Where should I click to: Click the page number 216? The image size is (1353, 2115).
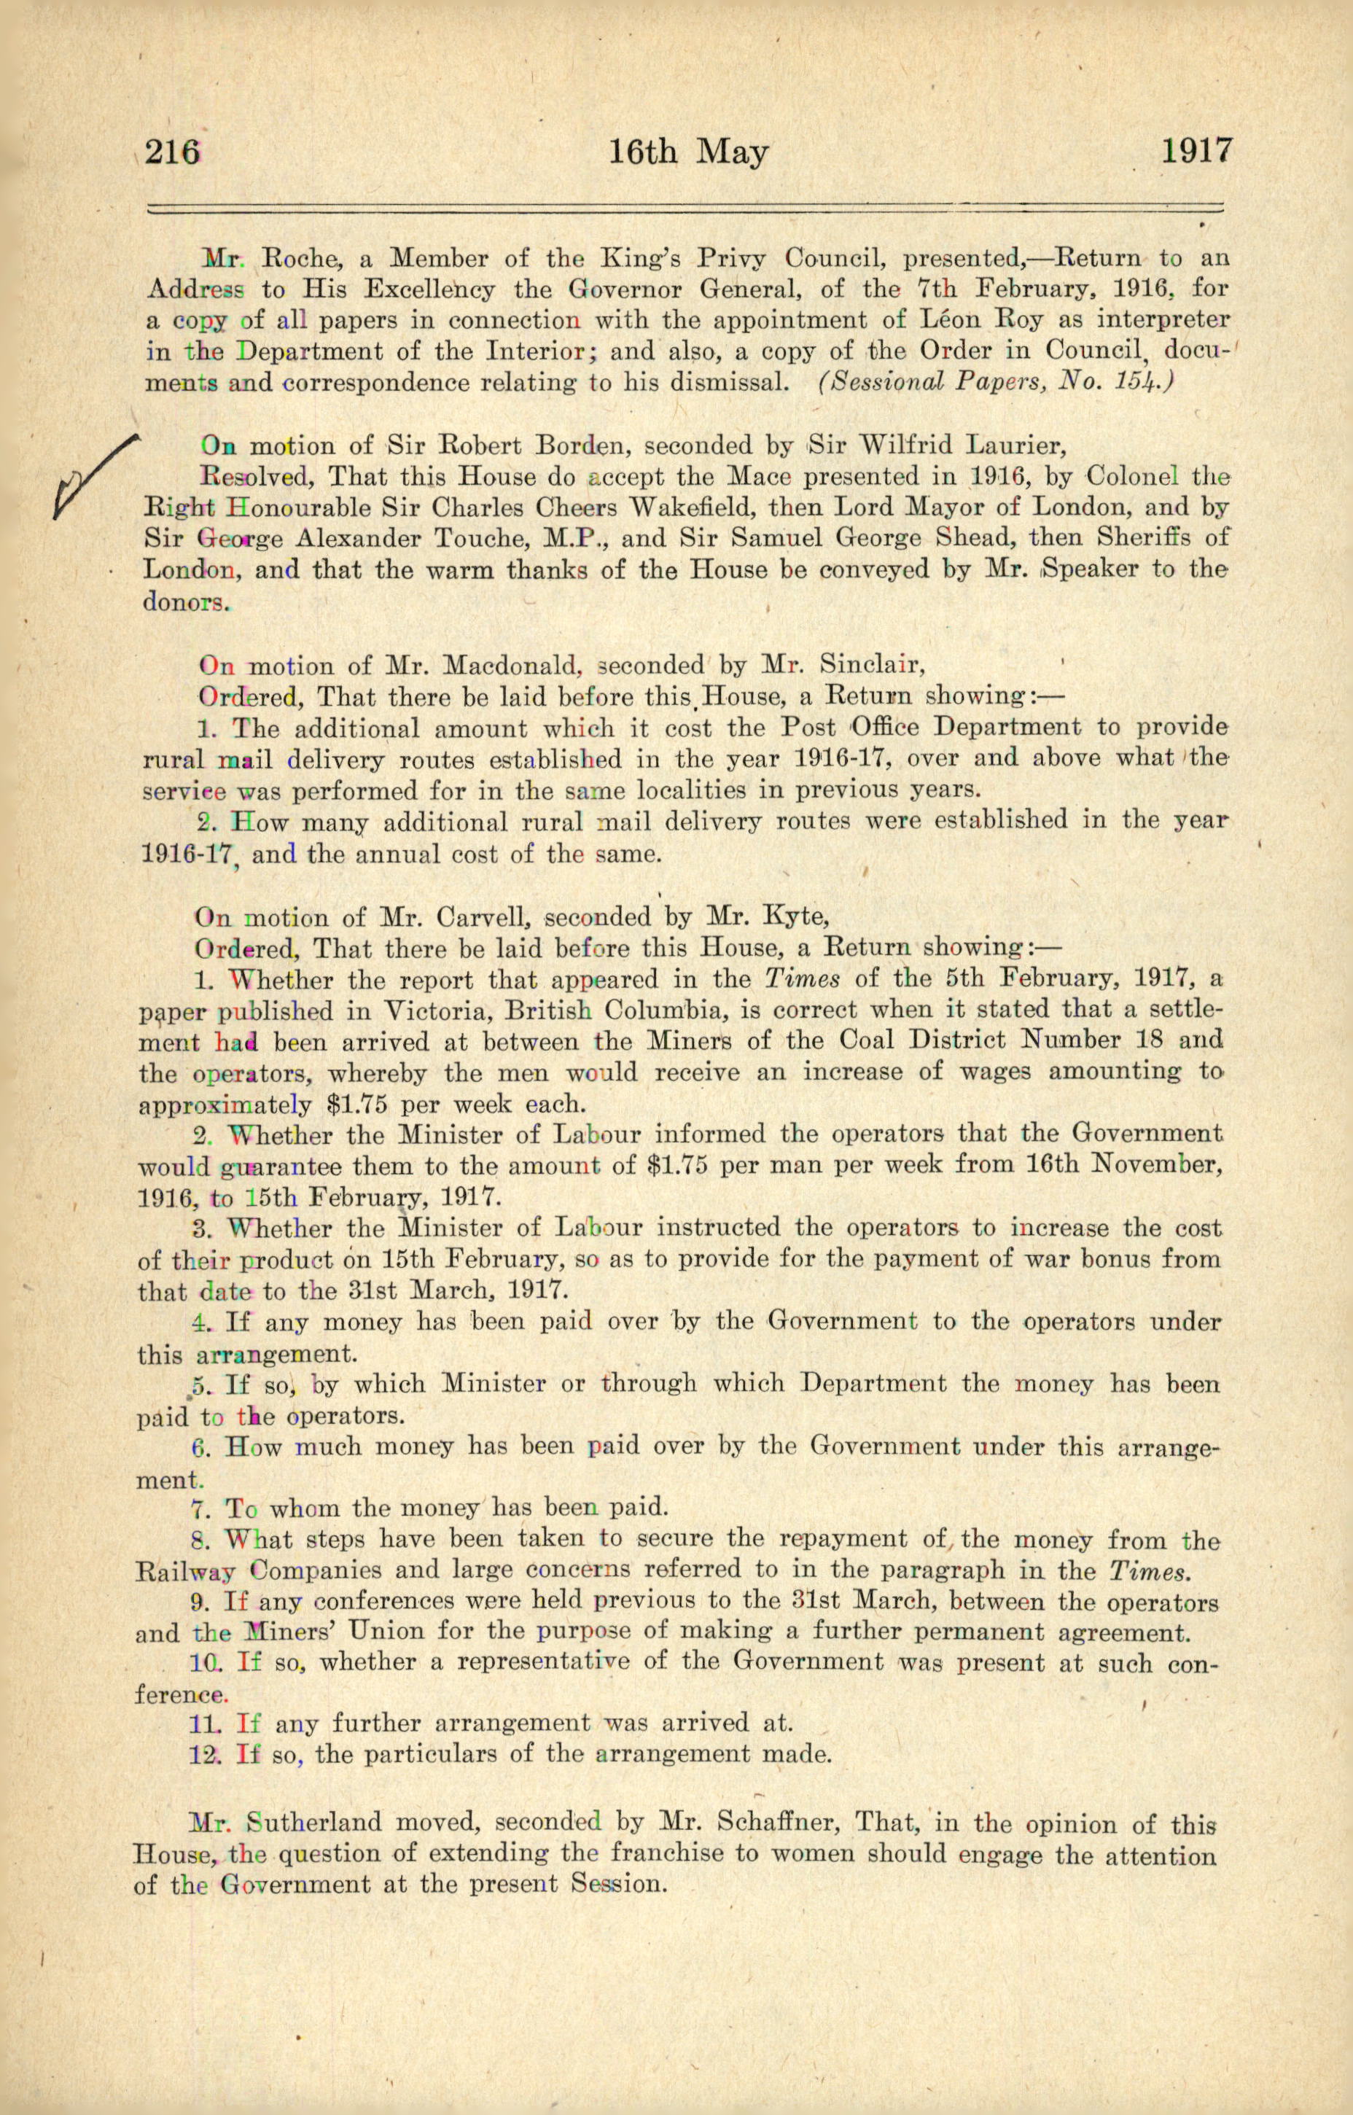click(172, 153)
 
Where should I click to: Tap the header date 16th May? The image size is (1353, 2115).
click(688, 153)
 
